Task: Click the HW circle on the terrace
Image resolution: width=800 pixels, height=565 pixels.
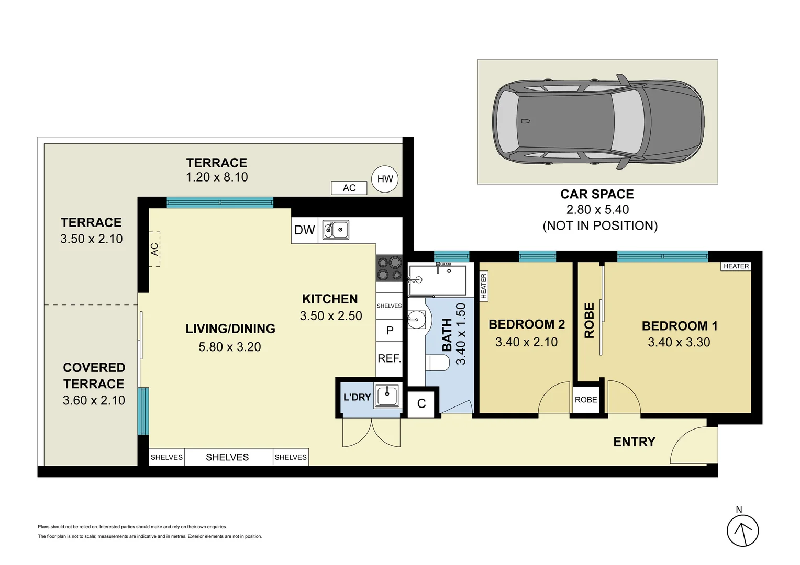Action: (385, 179)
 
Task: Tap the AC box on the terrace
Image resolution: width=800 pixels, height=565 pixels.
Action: (349, 188)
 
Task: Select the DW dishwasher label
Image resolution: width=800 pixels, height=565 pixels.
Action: (304, 230)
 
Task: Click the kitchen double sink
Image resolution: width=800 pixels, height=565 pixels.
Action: (336, 230)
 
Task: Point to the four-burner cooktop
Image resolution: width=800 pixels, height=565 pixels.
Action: (390, 268)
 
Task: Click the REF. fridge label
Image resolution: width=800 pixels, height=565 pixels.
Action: (390, 358)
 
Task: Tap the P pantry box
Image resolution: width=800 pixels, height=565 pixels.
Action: (390, 330)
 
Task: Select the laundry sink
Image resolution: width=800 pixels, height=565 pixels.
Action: (387, 395)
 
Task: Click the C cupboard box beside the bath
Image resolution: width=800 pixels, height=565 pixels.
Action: (421, 404)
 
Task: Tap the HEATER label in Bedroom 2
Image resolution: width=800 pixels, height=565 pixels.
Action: (484, 286)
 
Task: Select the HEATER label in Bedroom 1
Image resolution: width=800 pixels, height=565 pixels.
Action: (736, 266)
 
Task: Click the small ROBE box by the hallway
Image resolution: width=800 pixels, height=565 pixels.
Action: (586, 400)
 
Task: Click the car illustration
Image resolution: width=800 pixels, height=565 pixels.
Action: (598, 121)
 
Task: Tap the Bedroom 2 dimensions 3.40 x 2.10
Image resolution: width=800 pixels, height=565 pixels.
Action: (526, 342)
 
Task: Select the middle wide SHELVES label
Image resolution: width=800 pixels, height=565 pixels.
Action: (227, 457)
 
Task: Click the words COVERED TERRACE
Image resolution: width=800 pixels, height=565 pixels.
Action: (94, 376)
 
